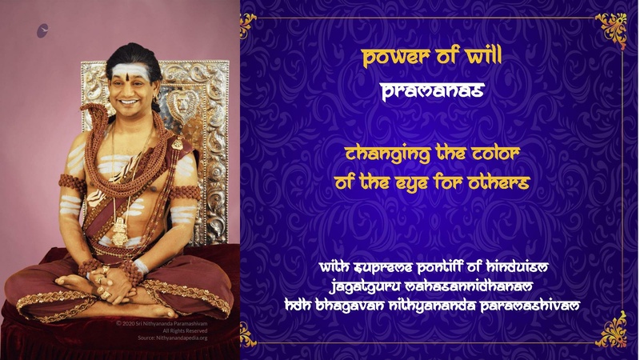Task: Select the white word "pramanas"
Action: point(432,91)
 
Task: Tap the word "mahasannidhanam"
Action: point(469,286)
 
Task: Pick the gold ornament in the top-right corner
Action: point(611,30)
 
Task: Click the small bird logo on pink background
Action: point(42,30)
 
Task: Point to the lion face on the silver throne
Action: point(182,106)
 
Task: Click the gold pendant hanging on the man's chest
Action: point(119,231)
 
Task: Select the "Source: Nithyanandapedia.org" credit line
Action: point(173,338)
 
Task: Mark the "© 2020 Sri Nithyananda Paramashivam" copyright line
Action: point(162,323)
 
